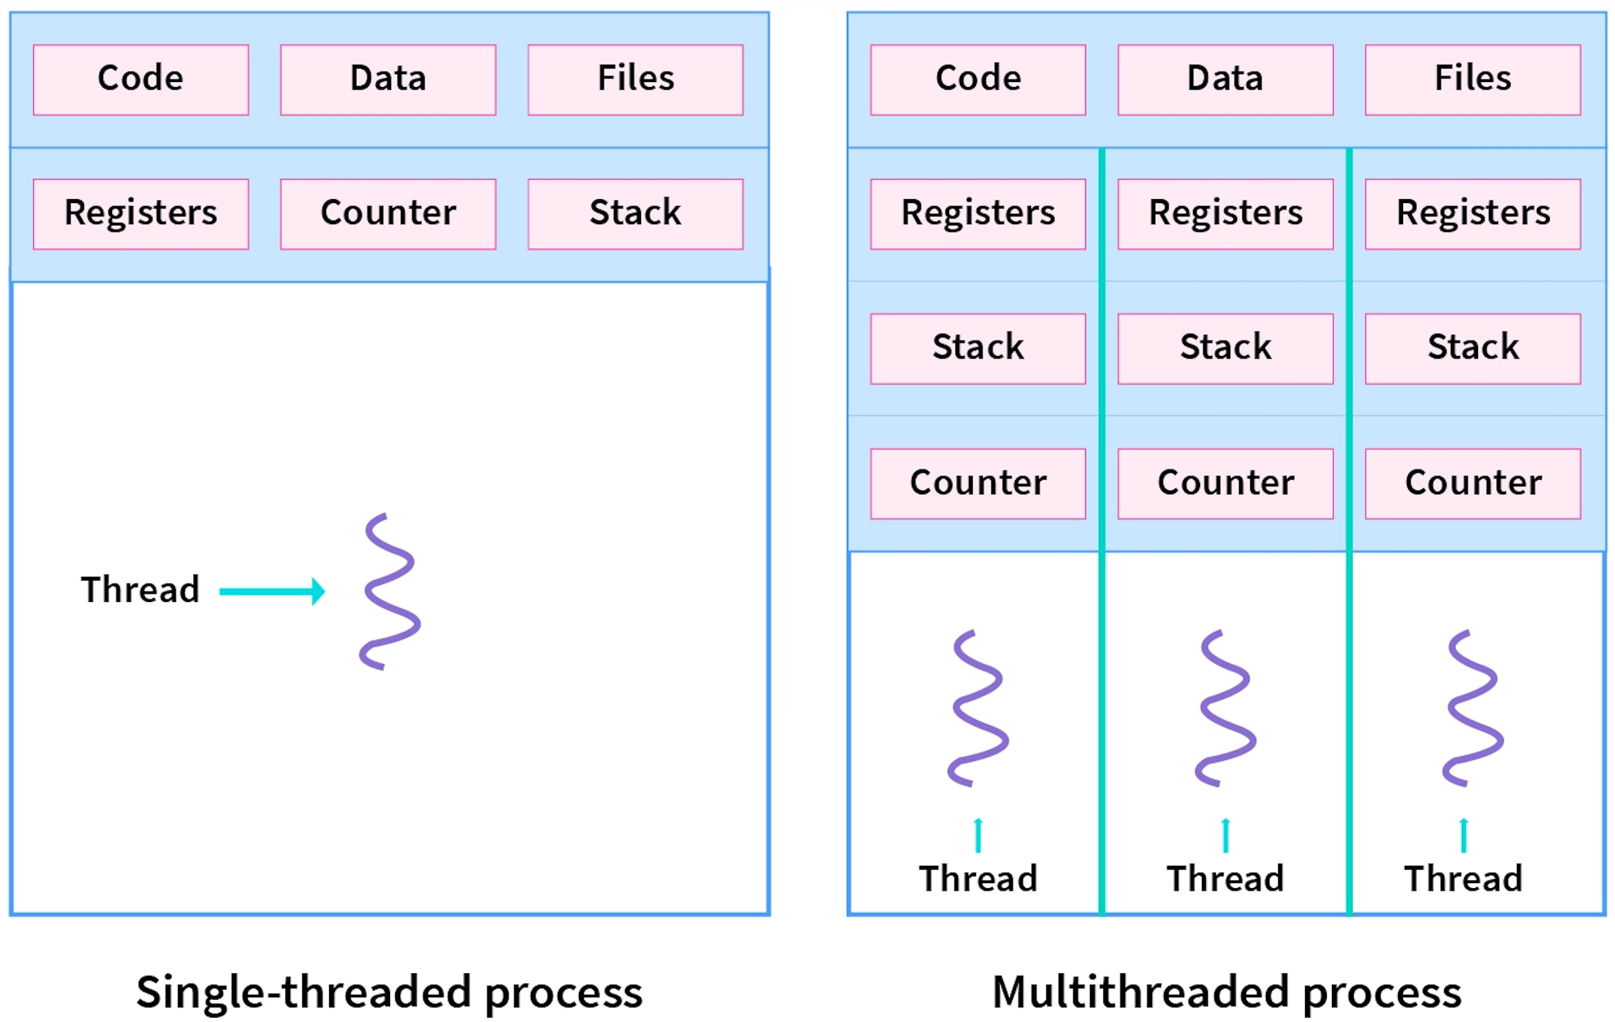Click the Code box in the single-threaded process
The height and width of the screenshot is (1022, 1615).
click(x=141, y=80)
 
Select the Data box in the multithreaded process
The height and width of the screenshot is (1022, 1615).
click(x=1224, y=80)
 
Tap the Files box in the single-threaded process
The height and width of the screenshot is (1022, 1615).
click(x=635, y=80)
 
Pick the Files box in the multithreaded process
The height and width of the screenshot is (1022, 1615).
click(x=1472, y=80)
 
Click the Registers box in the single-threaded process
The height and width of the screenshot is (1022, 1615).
click(x=141, y=214)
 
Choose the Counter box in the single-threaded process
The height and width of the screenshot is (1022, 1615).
click(x=387, y=214)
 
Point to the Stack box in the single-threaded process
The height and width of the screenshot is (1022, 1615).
click(x=635, y=214)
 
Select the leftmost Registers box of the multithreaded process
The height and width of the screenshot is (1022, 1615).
click(x=977, y=214)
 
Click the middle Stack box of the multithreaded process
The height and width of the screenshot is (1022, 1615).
click(x=1224, y=349)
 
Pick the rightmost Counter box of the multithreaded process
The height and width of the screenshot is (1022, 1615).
click(x=1472, y=483)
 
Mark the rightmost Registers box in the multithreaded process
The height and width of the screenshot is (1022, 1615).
click(x=1472, y=214)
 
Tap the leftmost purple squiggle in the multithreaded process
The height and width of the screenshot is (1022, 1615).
click(x=978, y=708)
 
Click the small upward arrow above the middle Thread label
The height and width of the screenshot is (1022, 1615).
click(x=1225, y=835)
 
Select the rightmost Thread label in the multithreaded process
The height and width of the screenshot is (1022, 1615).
click(x=1463, y=879)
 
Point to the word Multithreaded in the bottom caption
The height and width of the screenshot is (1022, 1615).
click(x=1140, y=993)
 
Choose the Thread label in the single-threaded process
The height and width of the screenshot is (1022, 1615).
click(x=140, y=590)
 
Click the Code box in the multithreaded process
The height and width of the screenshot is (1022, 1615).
click(x=977, y=80)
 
